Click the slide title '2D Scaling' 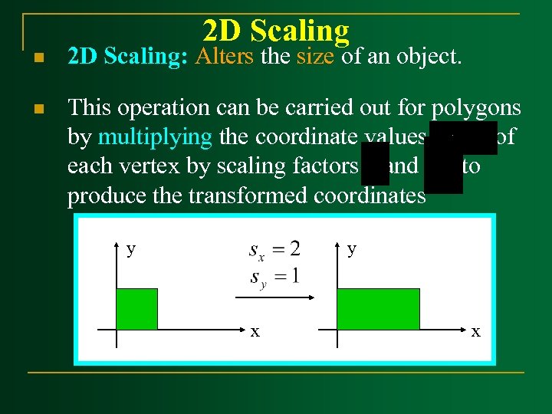(276, 31)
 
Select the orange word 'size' (314, 56)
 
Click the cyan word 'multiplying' (156, 138)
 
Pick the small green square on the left (136, 309)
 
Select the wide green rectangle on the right (378, 309)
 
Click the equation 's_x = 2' (274, 249)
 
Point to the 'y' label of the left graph (131, 249)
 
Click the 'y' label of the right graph (351, 249)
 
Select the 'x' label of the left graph (255, 331)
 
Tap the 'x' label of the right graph (476, 331)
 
